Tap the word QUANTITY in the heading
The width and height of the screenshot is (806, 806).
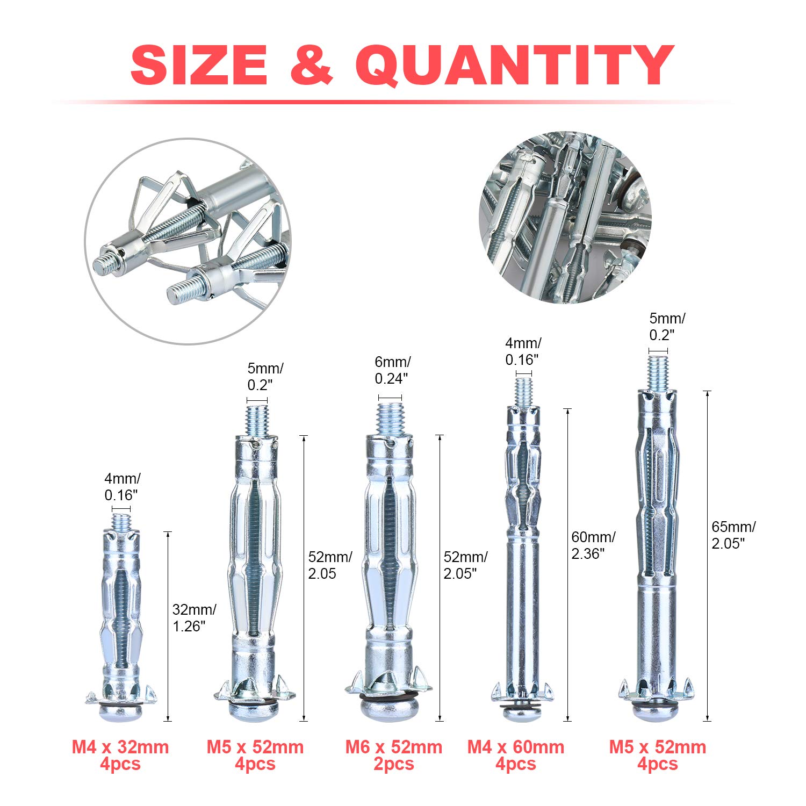(x=514, y=66)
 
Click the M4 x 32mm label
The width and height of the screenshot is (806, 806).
(x=120, y=747)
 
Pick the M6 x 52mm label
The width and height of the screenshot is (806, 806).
(x=393, y=747)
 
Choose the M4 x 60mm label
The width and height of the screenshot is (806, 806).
(x=516, y=747)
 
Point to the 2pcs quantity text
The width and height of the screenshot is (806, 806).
(x=393, y=764)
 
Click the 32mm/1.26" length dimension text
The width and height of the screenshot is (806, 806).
(x=194, y=617)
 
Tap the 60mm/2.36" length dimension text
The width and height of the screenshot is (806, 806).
(x=593, y=545)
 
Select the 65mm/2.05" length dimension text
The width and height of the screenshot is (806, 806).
(x=733, y=535)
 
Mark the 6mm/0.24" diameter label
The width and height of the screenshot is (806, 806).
(x=392, y=370)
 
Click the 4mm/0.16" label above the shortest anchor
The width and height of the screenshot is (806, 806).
(x=123, y=487)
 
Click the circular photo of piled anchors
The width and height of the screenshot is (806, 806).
(x=565, y=217)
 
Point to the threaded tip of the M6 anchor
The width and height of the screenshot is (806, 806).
(x=390, y=418)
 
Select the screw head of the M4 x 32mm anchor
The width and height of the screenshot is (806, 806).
(x=121, y=712)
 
